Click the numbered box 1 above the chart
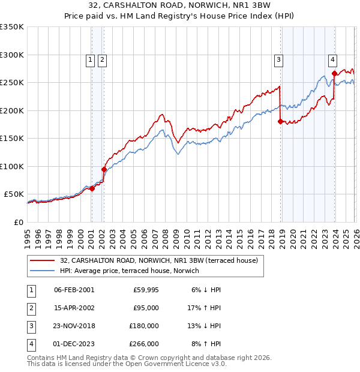pyautogui.click(x=90, y=59)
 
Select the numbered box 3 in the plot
pyautogui.click(x=279, y=59)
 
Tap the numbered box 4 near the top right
pyautogui.click(x=332, y=59)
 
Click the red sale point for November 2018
pyautogui.click(x=280, y=122)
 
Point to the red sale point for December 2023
pyautogui.click(x=334, y=73)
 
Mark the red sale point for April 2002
pyautogui.click(x=104, y=169)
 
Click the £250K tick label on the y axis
pyautogui.click(x=12, y=83)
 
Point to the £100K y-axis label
pyautogui.click(x=12, y=166)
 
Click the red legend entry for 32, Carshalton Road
pyautogui.click(x=158, y=260)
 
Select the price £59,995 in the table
pyautogui.click(x=146, y=290)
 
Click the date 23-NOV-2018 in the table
pyautogui.click(x=74, y=326)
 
